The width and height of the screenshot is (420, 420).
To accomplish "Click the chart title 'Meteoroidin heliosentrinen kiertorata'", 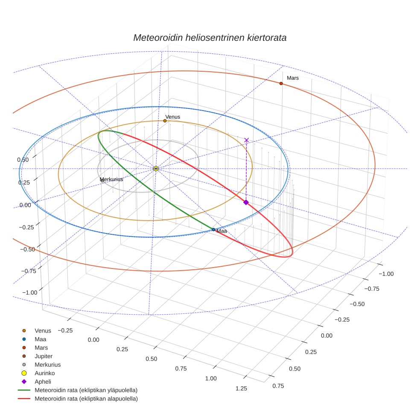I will [x=210, y=38].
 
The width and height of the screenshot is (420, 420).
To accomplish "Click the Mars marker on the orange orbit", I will [x=281, y=83].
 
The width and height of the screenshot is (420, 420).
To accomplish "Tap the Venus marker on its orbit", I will [x=165, y=121].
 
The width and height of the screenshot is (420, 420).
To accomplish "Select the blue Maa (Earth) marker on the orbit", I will [x=213, y=230].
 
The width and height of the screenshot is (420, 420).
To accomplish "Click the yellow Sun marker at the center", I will [x=156, y=169].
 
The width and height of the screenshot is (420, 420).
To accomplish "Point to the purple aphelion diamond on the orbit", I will [x=246, y=202].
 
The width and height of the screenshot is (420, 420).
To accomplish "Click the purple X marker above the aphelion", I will [x=246, y=140].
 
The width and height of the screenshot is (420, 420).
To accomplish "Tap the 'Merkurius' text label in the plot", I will [x=111, y=179].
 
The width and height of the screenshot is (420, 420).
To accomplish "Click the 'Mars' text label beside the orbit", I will [x=293, y=78].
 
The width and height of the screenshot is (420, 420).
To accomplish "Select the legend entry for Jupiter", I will [x=44, y=356].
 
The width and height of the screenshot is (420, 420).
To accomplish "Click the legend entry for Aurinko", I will [x=44, y=373].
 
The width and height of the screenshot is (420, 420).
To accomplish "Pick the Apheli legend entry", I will [x=43, y=382].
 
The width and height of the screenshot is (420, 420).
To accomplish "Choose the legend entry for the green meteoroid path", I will [x=86, y=390].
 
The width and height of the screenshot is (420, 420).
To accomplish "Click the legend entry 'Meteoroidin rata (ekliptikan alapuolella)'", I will [x=86, y=399].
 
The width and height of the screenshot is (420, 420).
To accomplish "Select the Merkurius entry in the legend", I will [x=47, y=365].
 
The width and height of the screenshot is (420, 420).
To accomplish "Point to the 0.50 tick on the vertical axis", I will [x=23, y=160].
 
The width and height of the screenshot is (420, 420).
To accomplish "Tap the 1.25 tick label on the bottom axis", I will [x=241, y=388].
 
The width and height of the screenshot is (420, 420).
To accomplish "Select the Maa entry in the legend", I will [x=41, y=339].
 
